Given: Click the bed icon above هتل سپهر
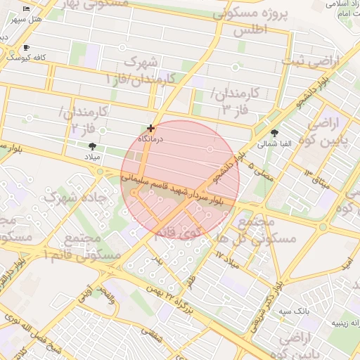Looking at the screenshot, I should point(26,8).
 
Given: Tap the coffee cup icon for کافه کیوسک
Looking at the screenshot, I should point(27,47).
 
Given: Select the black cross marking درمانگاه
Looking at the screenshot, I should point(150,128).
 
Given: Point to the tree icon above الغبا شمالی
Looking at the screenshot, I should point(274,132).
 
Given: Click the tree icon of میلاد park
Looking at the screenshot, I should point(93,146).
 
